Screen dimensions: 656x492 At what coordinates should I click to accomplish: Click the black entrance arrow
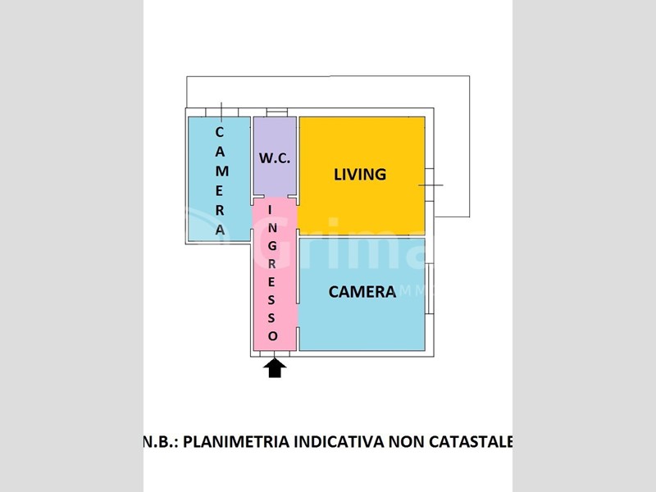click(x=275, y=368)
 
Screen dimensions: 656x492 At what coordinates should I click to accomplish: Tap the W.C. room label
click(x=275, y=158)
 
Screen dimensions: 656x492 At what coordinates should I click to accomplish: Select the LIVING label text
click(x=360, y=175)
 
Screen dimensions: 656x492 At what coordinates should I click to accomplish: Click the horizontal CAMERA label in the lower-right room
click(x=362, y=292)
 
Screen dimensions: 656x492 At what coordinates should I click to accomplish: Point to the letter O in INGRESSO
click(x=272, y=336)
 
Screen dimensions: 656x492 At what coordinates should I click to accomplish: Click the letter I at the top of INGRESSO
click(x=270, y=210)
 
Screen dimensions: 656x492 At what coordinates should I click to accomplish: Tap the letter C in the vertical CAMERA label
click(x=220, y=132)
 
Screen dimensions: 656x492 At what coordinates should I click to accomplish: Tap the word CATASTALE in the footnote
click(x=471, y=442)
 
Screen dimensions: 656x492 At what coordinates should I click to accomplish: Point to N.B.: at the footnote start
click(x=161, y=442)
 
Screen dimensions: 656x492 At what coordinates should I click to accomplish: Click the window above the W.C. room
click(x=277, y=112)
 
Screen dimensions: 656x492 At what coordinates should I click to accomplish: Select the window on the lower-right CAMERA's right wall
click(x=430, y=289)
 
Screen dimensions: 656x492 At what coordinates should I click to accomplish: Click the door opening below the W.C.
click(x=276, y=196)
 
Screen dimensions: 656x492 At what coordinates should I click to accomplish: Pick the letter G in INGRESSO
click(x=272, y=246)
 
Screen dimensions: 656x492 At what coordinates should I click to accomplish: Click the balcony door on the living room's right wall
click(x=430, y=185)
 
